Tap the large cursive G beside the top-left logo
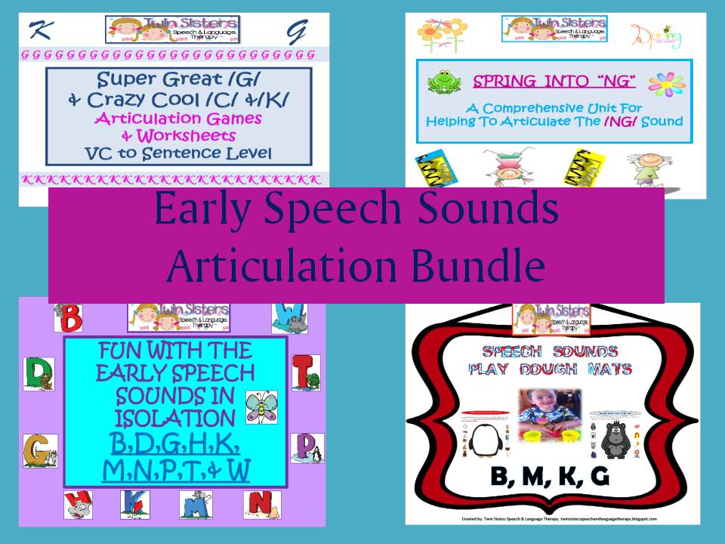[x=295, y=32]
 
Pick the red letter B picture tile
[x=70, y=317]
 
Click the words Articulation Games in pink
[x=177, y=118]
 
